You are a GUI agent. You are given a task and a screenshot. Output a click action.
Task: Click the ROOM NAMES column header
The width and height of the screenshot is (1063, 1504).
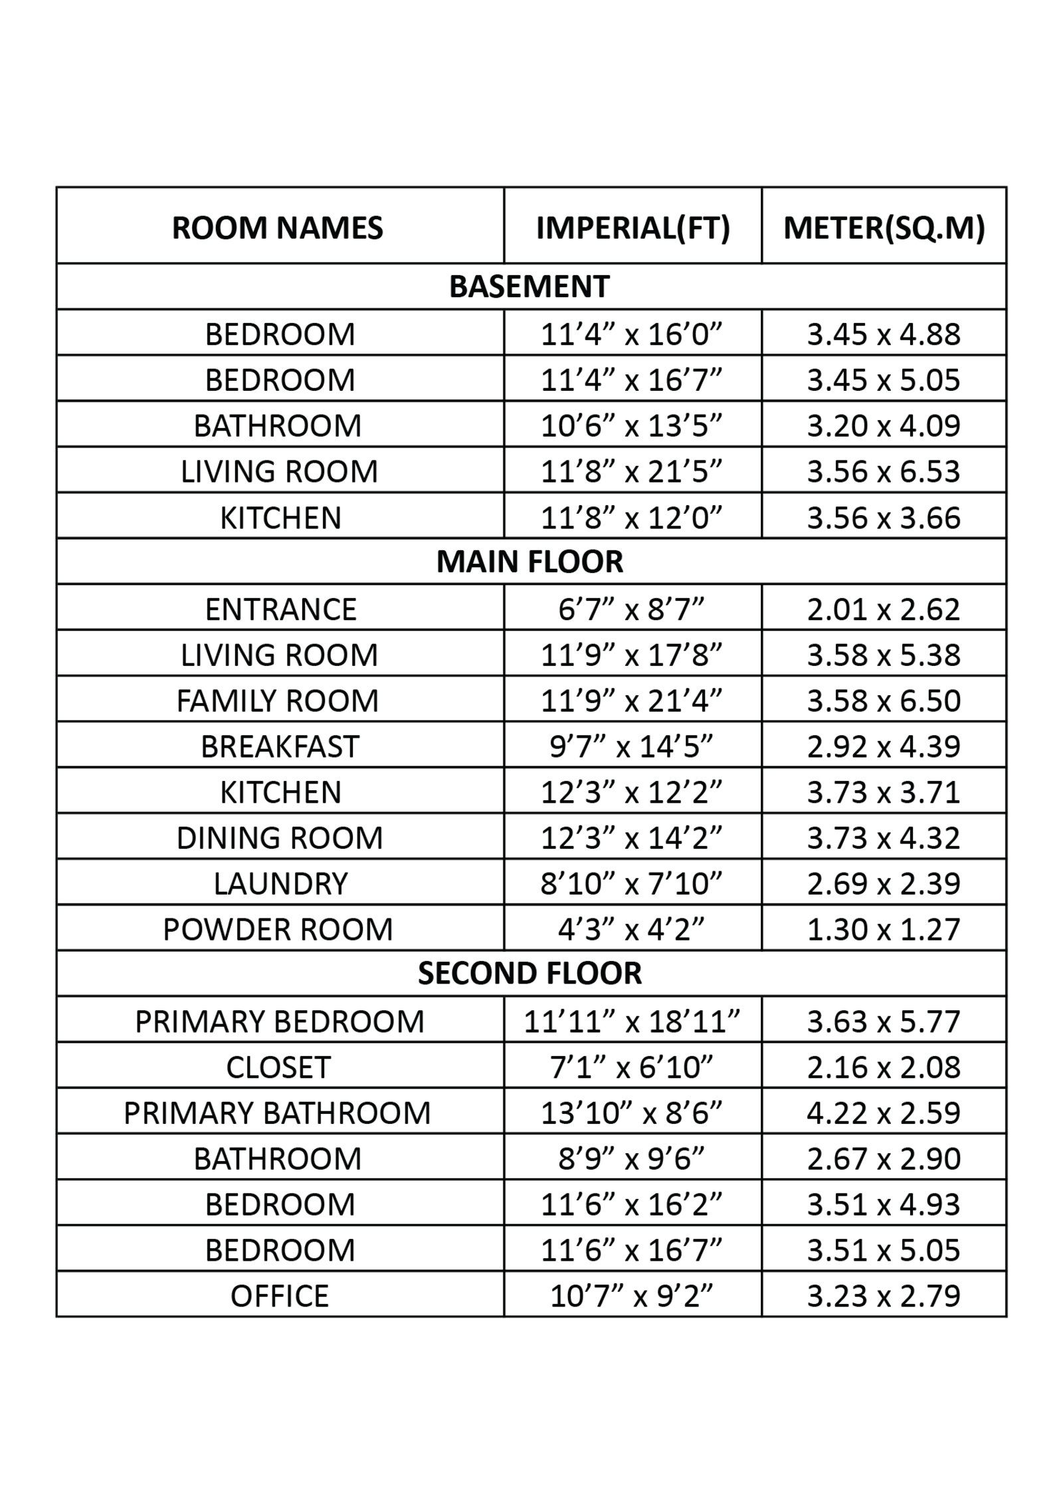[x=278, y=228]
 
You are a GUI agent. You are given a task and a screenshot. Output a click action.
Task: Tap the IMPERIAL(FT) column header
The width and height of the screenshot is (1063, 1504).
[x=632, y=228]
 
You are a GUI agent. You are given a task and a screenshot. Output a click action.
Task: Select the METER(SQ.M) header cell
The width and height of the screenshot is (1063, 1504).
[x=884, y=228]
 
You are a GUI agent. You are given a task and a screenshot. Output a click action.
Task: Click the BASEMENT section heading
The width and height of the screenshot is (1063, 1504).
[x=530, y=286]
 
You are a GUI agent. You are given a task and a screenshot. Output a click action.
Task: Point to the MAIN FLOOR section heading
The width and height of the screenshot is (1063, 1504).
[x=530, y=562]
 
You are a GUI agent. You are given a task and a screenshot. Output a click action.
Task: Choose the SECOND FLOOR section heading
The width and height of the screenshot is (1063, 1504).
[x=530, y=973]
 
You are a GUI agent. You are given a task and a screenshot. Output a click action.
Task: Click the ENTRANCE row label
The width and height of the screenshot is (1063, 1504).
[x=280, y=609]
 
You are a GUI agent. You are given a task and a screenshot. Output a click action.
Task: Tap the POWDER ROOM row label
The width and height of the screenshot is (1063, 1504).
[x=278, y=928]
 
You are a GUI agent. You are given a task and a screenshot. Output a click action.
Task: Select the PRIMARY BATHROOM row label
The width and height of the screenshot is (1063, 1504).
[x=277, y=1113]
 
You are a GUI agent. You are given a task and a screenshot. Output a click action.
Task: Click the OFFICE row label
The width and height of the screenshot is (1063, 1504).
[x=280, y=1295]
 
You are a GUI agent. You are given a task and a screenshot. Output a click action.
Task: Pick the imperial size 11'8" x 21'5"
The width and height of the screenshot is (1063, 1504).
[x=631, y=471]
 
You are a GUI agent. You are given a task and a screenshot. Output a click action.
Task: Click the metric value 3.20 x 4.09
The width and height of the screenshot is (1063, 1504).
[x=884, y=425]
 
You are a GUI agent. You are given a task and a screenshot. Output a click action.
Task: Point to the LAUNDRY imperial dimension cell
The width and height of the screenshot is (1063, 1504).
[x=631, y=883]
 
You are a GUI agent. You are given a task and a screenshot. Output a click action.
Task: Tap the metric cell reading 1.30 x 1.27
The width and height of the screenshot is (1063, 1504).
[x=884, y=928]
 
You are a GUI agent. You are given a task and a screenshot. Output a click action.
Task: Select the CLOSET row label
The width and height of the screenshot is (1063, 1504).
[x=278, y=1067]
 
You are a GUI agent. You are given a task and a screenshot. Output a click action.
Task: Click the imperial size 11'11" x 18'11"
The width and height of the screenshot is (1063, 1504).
[x=631, y=1021]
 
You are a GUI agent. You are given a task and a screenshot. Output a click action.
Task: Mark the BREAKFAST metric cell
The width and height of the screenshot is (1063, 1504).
[x=884, y=746]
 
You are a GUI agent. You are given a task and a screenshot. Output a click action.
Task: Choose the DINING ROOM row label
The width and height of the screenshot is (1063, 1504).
[x=280, y=837]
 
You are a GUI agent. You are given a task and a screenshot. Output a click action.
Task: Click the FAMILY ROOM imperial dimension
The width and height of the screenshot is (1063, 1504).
[x=631, y=700]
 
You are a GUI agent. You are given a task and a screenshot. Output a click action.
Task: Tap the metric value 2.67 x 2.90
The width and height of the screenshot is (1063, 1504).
[x=884, y=1158]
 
